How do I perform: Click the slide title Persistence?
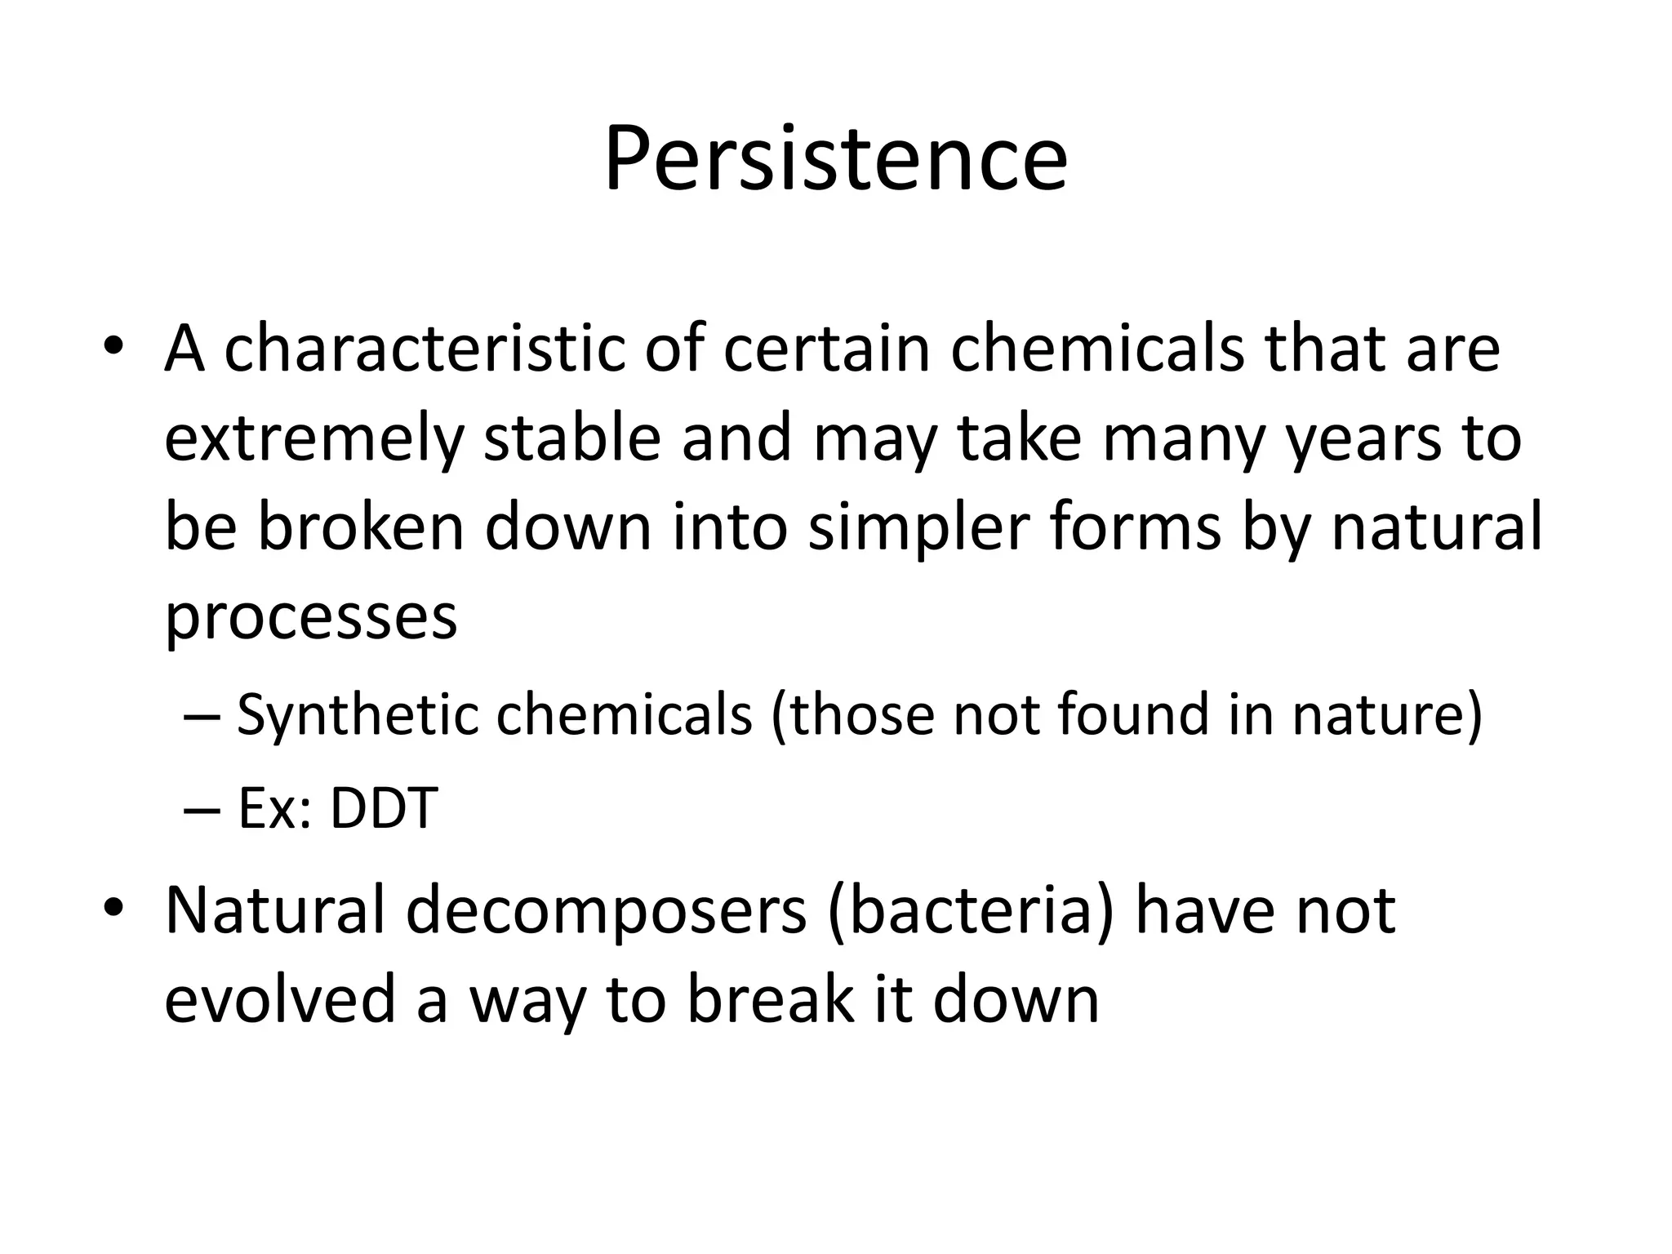coord(835,159)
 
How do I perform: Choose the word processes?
coord(311,618)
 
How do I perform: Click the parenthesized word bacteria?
coord(969,911)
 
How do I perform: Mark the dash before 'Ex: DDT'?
coord(202,811)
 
